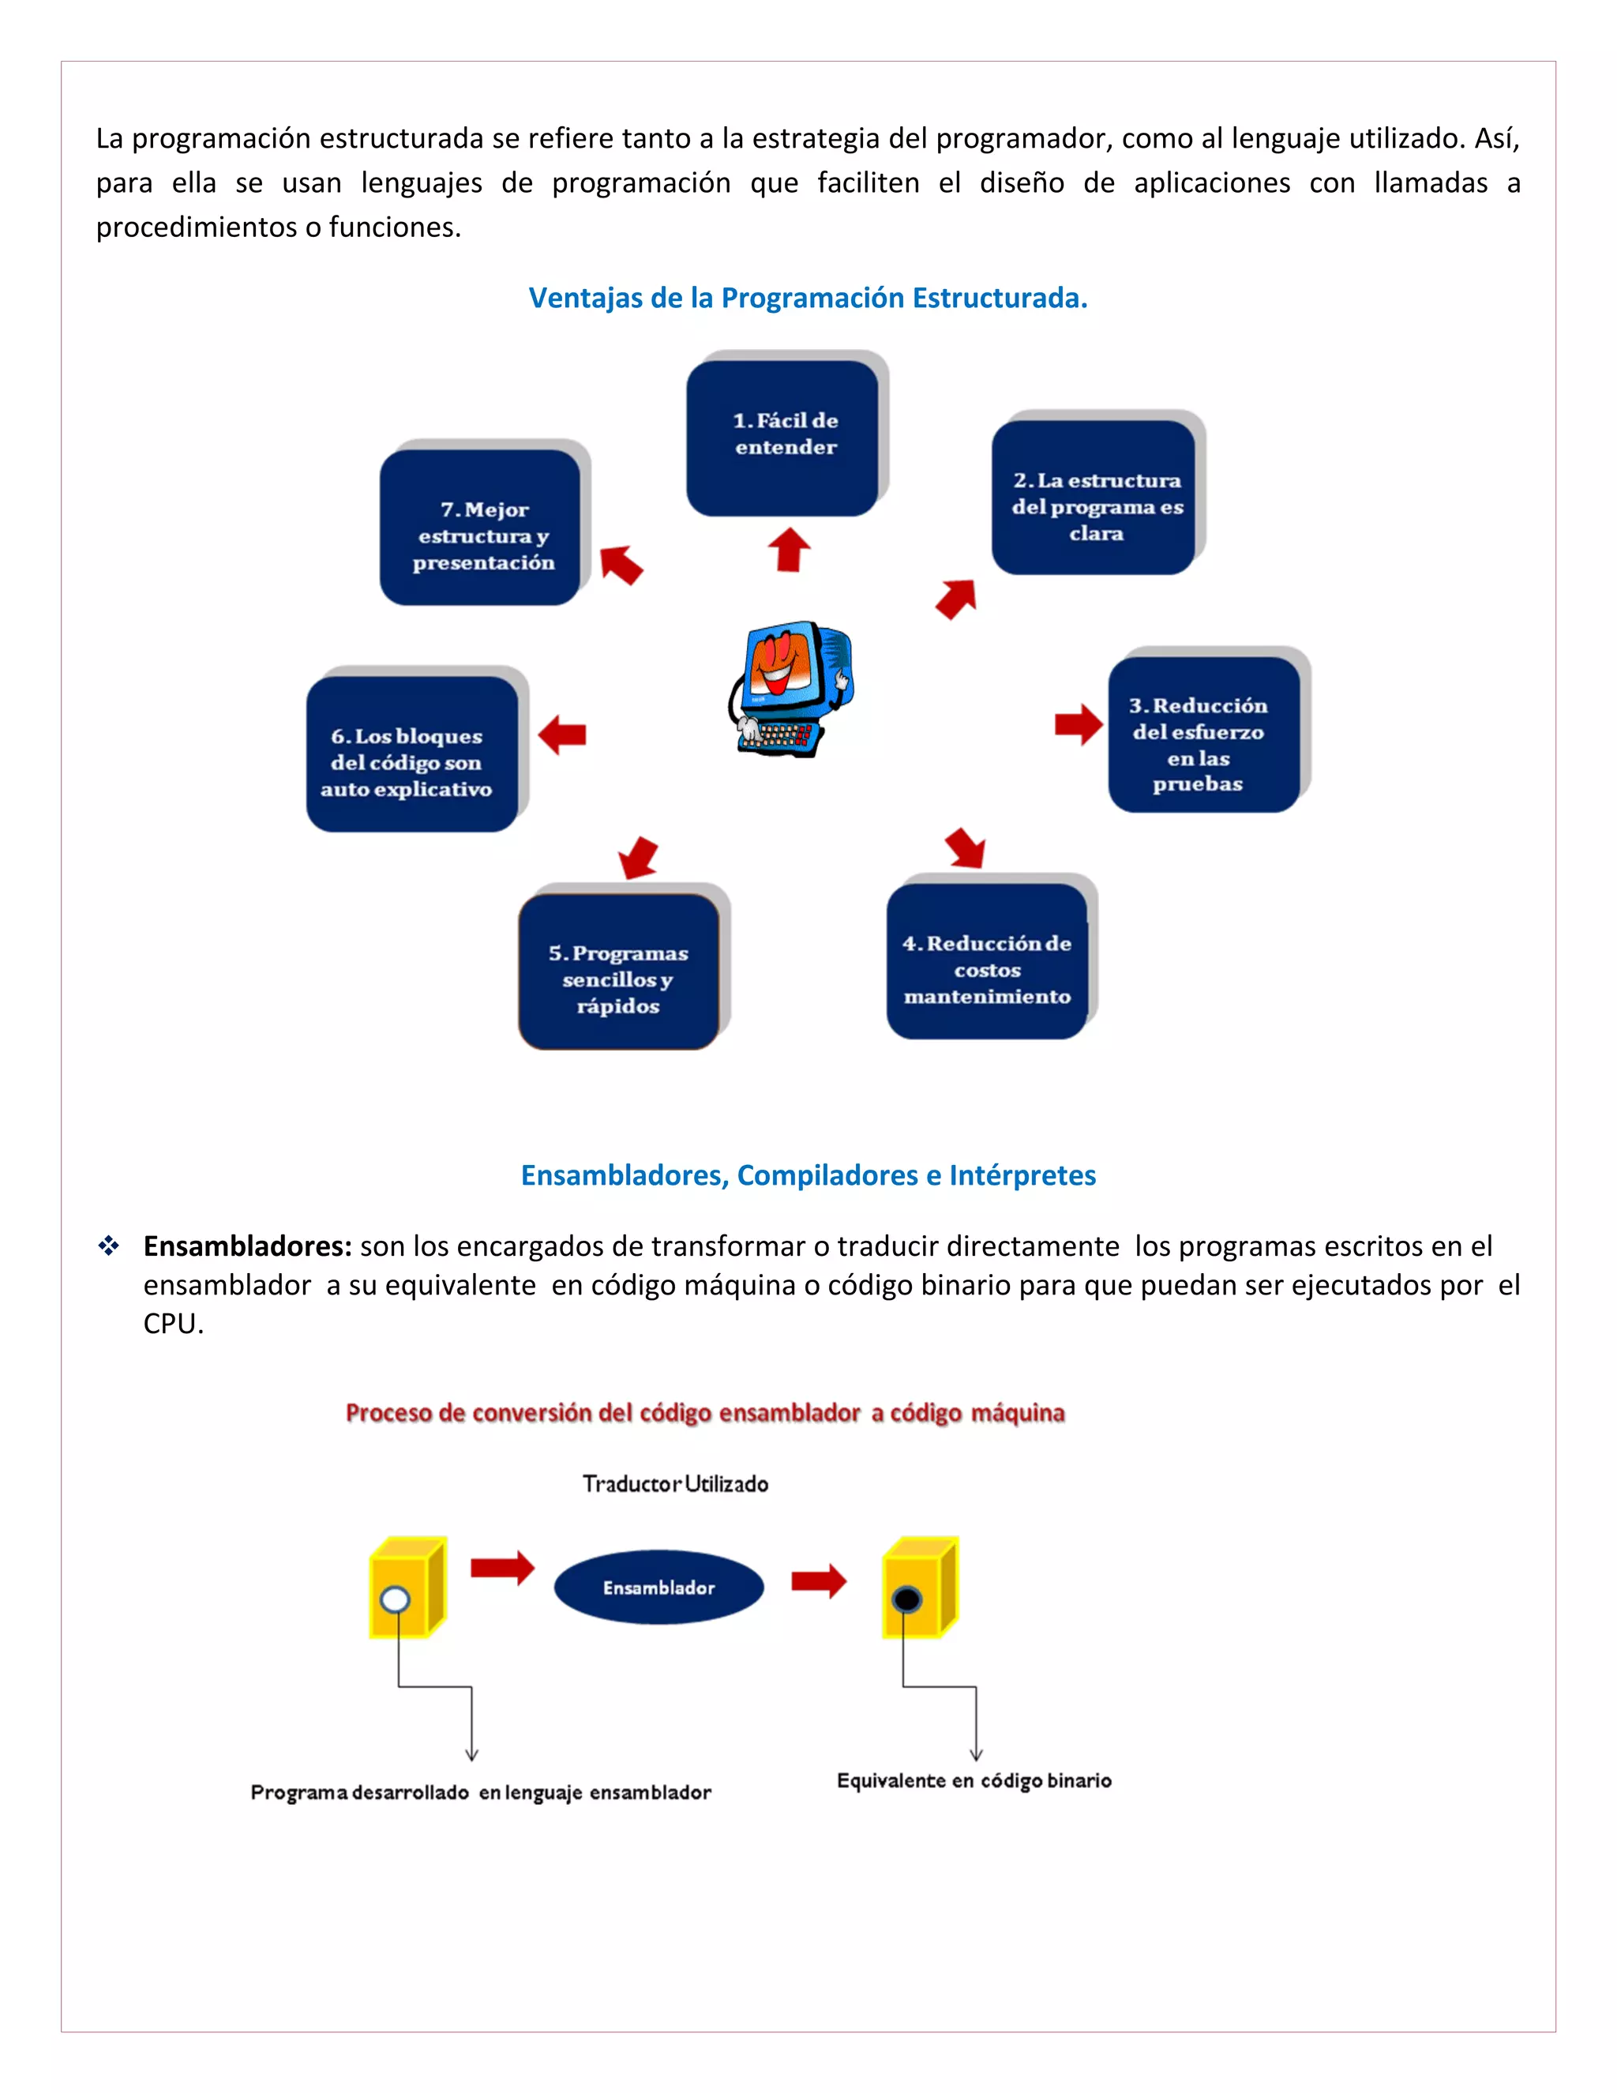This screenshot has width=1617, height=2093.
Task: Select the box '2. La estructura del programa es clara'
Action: click(1094, 498)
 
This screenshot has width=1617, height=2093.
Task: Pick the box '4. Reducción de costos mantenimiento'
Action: click(987, 961)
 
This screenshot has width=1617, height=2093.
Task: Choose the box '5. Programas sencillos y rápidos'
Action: click(619, 971)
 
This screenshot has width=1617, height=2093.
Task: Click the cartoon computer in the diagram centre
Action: click(791, 688)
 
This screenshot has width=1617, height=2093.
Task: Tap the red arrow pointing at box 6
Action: click(562, 735)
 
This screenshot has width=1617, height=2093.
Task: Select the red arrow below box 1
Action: click(790, 550)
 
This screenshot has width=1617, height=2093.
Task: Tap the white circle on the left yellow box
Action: click(395, 1599)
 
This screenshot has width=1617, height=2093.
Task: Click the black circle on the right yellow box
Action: click(906, 1599)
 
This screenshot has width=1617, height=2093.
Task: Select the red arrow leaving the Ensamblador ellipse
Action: click(819, 1581)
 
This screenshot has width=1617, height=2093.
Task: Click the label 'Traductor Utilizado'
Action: click(675, 1483)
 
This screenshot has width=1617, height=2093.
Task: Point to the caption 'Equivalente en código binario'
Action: click(974, 1780)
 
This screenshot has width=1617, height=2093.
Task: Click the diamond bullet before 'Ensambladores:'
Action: click(109, 1246)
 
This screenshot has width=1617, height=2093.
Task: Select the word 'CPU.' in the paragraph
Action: click(174, 1324)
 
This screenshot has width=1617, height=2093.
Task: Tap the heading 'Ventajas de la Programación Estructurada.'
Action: click(808, 298)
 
